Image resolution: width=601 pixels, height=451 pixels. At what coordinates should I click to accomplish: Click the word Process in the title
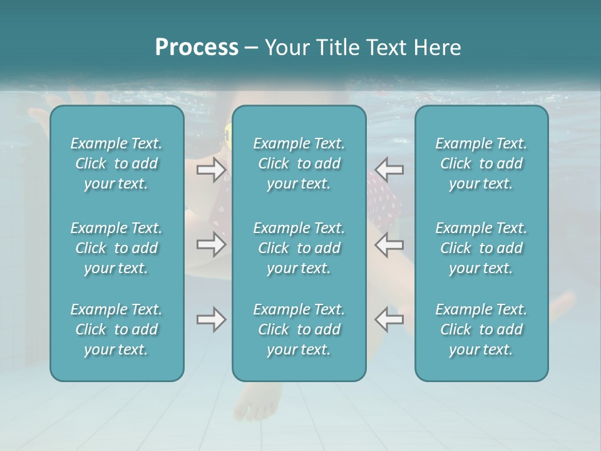[197, 48]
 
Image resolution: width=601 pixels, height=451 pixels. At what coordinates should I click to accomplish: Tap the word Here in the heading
[438, 48]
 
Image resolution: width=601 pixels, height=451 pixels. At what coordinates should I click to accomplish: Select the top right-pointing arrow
[212, 170]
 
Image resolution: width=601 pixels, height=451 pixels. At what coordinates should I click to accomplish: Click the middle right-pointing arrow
[212, 244]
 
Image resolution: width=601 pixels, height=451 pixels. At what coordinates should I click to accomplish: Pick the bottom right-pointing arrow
[212, 319]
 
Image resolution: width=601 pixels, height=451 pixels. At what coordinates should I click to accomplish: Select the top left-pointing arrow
[389, 170]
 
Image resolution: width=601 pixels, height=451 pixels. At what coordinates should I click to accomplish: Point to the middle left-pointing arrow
[389, 244]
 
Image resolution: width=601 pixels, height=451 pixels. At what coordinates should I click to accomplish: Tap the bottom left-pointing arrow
[389, 319]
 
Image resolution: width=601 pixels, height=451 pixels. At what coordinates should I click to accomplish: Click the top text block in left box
[116, 163]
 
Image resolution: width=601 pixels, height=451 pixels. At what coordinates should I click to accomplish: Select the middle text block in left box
[116, 248]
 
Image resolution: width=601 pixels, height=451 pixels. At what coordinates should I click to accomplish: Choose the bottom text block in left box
[116, 329]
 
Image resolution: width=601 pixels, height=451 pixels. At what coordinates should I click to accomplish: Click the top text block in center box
[299, 163]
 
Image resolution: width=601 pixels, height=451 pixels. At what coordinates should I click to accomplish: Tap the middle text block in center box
[299, 248]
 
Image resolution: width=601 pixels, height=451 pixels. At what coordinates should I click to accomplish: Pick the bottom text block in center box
[299, 329]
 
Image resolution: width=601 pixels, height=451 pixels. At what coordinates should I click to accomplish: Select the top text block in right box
[481, 163]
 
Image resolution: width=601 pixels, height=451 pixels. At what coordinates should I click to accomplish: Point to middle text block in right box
[481, 248]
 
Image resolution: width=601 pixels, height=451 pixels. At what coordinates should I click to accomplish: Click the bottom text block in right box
[481, 329]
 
